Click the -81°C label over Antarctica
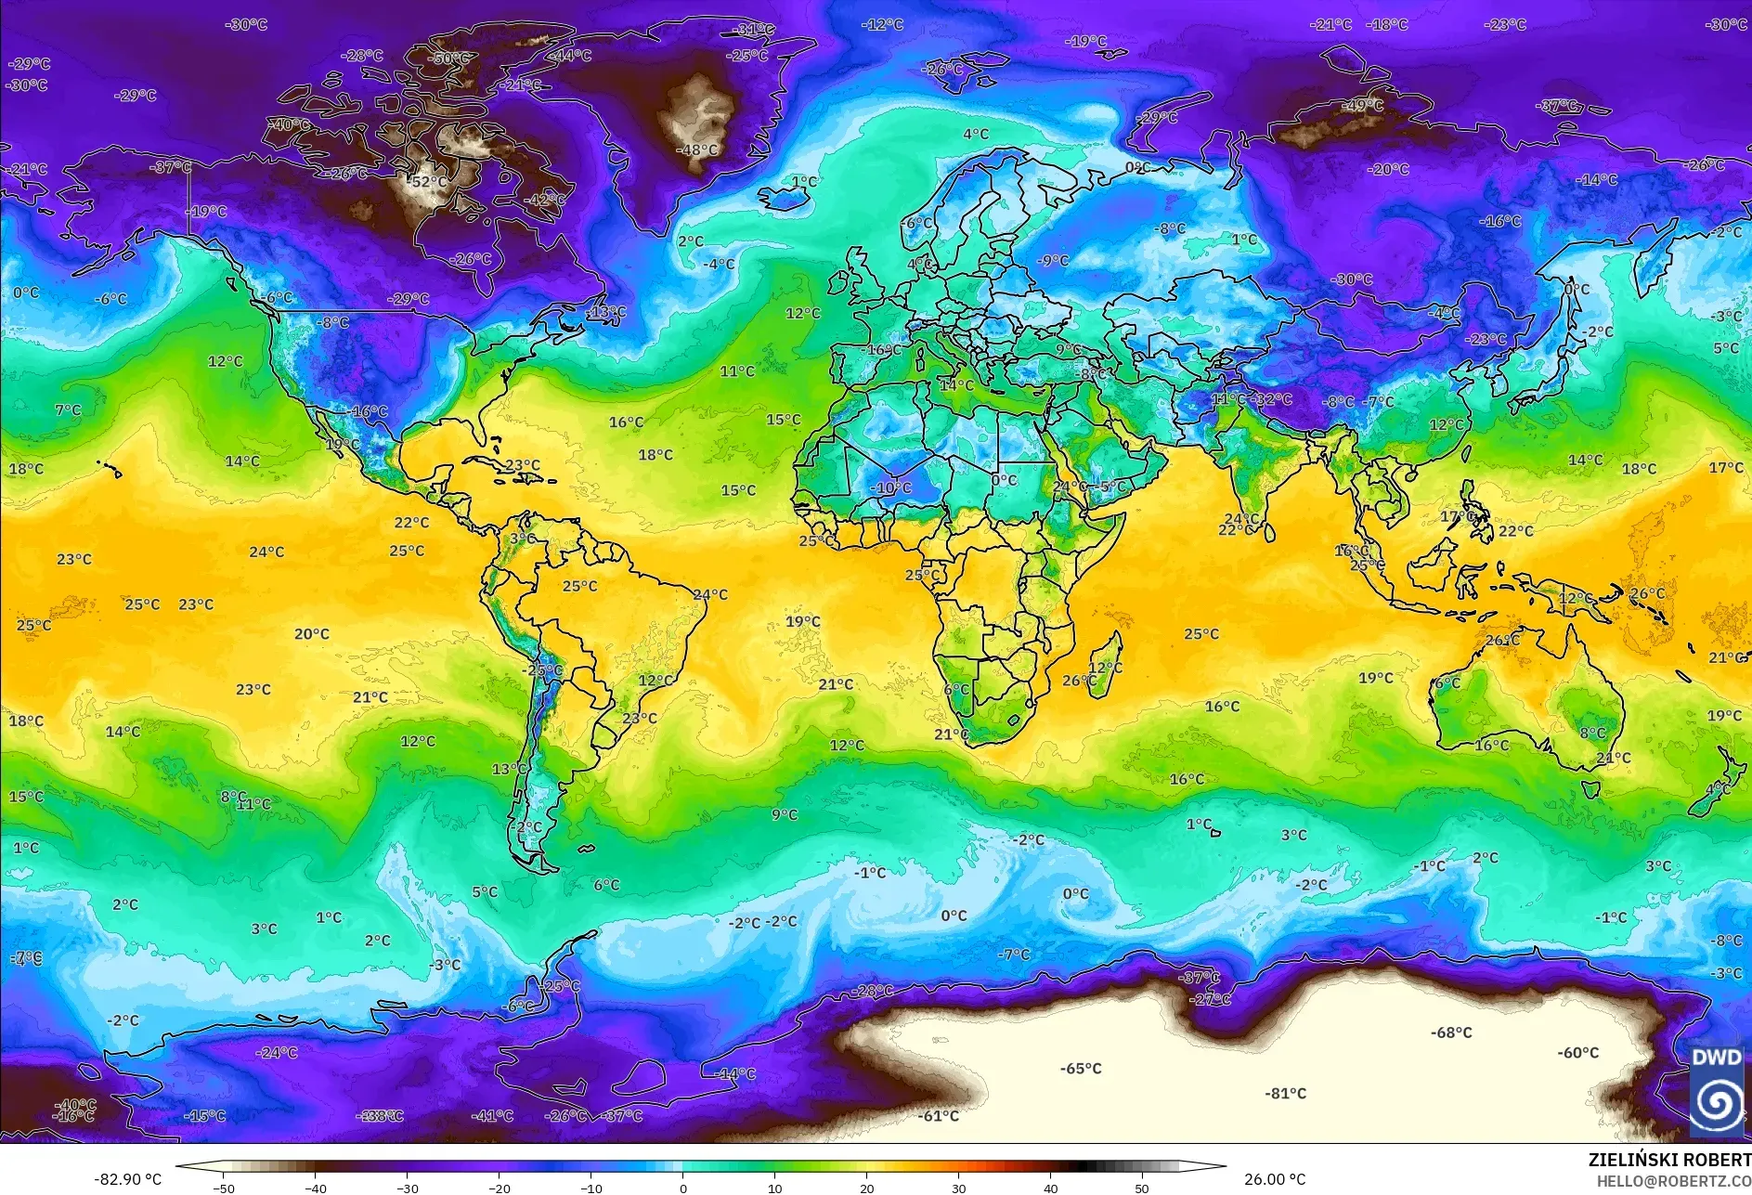click(1285, 1094)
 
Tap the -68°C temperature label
click(1451, 1033)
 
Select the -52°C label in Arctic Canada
click(429, 182)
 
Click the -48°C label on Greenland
click(699, 149)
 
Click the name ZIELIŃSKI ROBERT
click(1668, 1160)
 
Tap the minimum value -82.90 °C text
click(127, 1179)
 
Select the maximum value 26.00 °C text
click(1275, 1179)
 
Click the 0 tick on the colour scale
click(683, 1189)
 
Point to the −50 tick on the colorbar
click(223, 1189)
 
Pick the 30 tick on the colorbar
click(959, 1189)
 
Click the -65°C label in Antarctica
click(1081, 1069)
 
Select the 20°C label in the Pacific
click(312, 634)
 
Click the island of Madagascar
click(1103, 661)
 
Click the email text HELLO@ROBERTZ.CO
click(1673, 1181)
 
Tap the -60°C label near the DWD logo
click(1578, 1053)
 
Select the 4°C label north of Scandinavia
click(976, 135)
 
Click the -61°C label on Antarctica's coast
click(939, 1116)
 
